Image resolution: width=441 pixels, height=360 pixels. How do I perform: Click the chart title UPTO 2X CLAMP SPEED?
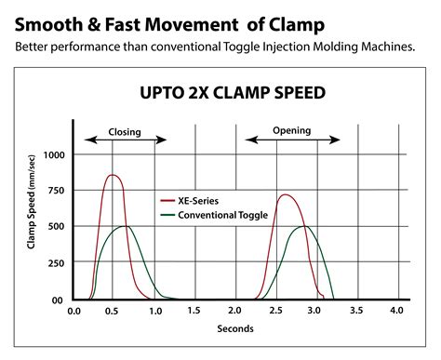point(220,93)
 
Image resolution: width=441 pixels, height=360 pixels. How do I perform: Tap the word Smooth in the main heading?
point(47,20)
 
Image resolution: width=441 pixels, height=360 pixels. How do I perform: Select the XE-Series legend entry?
point(202,200)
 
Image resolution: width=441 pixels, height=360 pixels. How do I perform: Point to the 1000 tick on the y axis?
point(54,155)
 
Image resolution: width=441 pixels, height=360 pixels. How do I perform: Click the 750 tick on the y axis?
point(57,191)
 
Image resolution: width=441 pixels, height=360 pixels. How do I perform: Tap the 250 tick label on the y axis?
point(57,263)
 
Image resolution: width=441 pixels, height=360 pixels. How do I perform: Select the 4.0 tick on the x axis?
point(396,311)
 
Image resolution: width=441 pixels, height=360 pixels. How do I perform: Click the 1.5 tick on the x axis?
point(194,311)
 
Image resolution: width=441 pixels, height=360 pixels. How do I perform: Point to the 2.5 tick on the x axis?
point(275,311)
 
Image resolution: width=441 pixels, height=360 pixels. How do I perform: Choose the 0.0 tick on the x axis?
point(73,311)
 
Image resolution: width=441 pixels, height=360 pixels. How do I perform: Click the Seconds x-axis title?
point(235,327)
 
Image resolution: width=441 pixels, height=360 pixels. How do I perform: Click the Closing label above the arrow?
point(125,132)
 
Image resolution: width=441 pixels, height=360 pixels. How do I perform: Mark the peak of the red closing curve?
point(113,175)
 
